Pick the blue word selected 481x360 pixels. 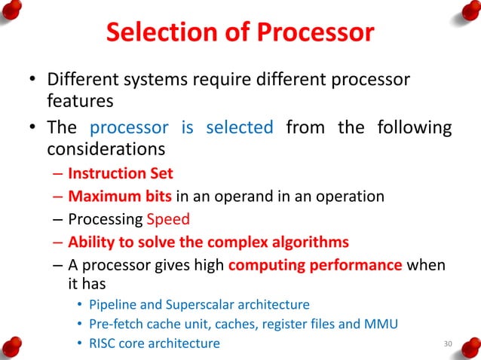click(239, 127)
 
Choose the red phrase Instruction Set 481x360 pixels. click(121, 173)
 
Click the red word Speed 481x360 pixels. click(170, 220)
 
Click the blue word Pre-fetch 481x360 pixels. click(113, 325)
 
